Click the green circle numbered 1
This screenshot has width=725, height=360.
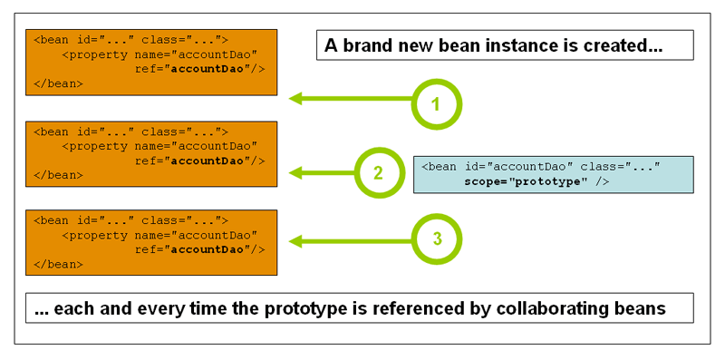pyautogui.click(x=436, y=104)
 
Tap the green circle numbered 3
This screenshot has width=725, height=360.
pyautogui.click(x=436, y=239)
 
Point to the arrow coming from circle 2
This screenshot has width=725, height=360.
pyautogui.click(x=322, y=171)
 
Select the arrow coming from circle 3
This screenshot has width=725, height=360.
pyautogui.click(x=349, y=240)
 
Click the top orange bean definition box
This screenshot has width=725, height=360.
pyautogui.click(x=151, y=62)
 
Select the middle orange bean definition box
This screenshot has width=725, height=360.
pyautogui.click(x=151, y=153)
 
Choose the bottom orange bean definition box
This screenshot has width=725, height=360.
pyautogui.click(x=151, y=242)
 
